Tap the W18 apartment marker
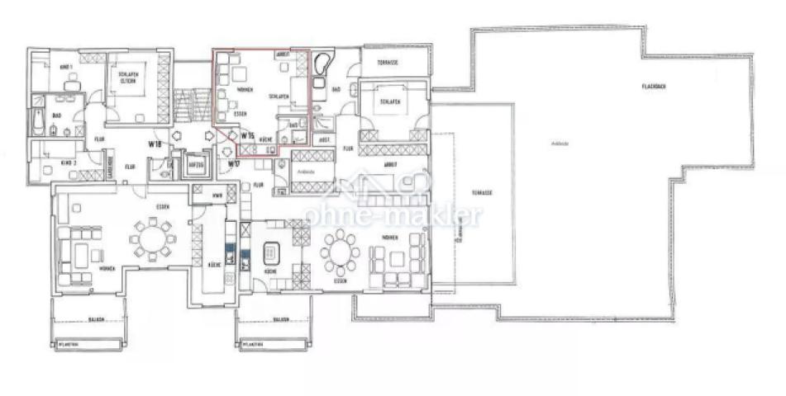point(154,144)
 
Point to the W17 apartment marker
point(234,163)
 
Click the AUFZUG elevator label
point(197,163)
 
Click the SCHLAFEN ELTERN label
point(126,77)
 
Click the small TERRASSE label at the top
point(389,63)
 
